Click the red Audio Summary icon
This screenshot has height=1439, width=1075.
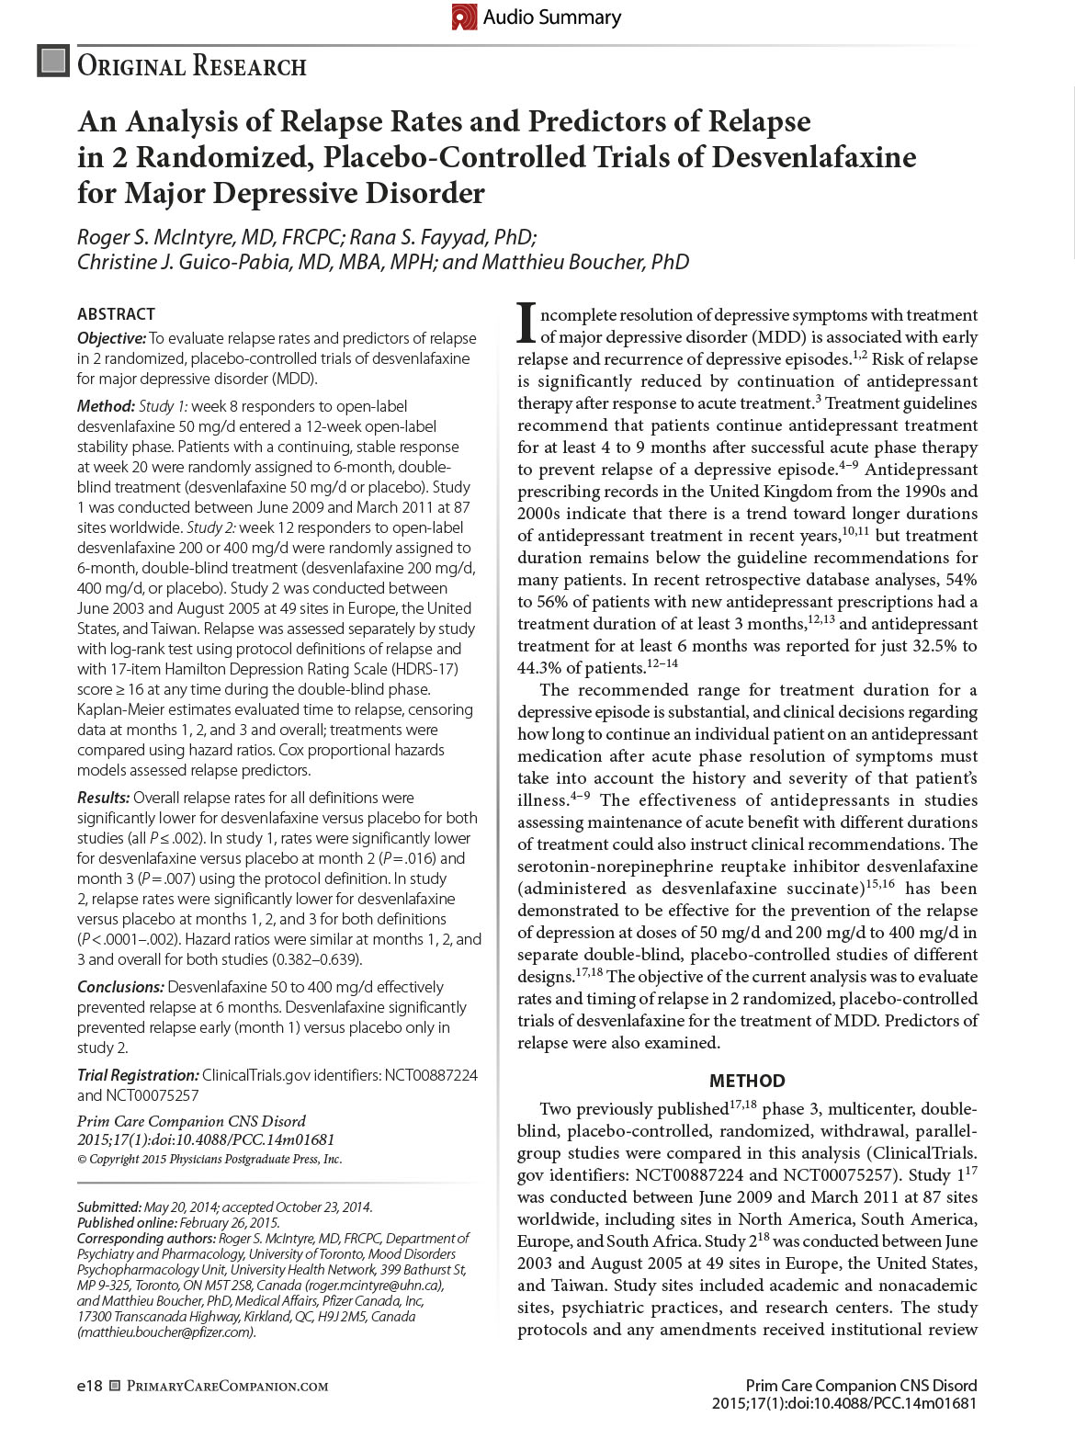465,17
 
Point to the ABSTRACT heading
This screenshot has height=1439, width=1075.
116,314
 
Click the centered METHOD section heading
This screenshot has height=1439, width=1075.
747,1081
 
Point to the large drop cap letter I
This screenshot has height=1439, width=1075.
526,321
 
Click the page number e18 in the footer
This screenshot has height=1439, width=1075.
89,1386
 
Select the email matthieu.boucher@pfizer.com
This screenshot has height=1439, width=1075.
166,1331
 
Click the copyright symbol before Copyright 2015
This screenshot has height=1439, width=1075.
82,1160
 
